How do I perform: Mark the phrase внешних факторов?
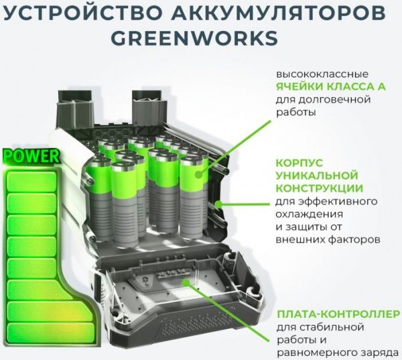328,239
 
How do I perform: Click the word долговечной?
342,99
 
